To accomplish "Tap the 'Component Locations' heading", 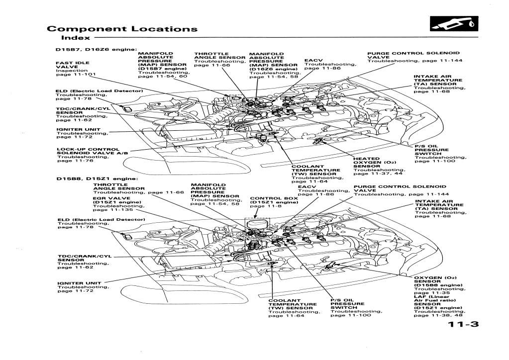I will point(122,28).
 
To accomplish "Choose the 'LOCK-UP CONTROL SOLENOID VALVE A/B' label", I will point(88,151).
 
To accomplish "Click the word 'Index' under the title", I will point(76,37).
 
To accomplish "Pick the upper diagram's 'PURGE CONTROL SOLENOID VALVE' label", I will point(413,54).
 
